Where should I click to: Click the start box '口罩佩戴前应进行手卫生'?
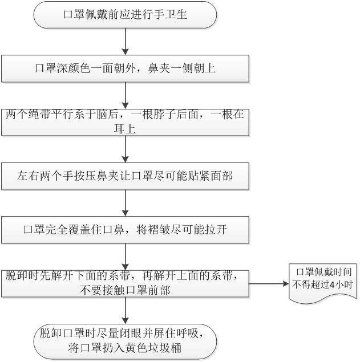pyautogui.click(x=125, y=16)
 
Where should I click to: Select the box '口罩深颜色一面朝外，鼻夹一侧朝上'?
pyautogui.click(x=125, y=69)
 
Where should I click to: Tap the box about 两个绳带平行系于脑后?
pyautogui.click(x=125, y=122)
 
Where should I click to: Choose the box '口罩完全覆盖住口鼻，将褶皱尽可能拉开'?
pyautogui.click(x=125, y=230)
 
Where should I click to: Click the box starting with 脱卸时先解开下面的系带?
pyautogui.click(x=125, y=283)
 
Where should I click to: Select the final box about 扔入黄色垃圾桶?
pyautogui.click(x=125, y=340)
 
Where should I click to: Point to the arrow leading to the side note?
pyautogui.click(x=268, y=283)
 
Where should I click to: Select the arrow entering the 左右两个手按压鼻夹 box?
pyautogui.click(x=125, y=150)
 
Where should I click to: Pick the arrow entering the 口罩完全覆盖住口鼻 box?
pyautogui.click(x=125, y=204)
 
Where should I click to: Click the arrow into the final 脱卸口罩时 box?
pyautogui.click(x=125, y=311)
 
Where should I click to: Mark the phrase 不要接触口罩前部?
pyautogui.click(x=125, y=290)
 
